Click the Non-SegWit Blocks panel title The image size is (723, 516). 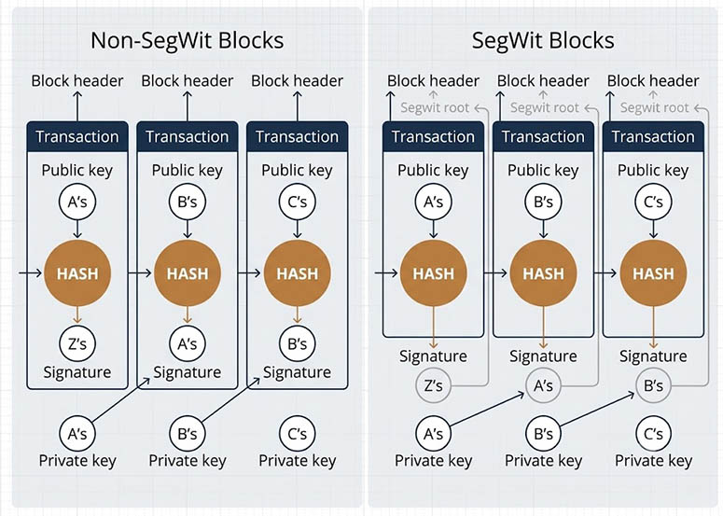pyautogui.click(x=187, y=40)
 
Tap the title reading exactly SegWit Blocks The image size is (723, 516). pyautogui.click(x=543, y=40)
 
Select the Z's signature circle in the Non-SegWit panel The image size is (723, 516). pyautogui.click(x=77, y=343)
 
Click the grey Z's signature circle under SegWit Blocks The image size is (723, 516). pyautogui.click(x=434, y=385)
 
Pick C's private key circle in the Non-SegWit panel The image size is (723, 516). pyautogui.click(x=298, y=434)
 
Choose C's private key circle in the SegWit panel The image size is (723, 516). pyautogui.click(x=653, y=434)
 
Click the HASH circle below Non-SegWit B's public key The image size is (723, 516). pyautogui.click(x=188, y=273)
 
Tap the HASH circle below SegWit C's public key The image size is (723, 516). pyautogui.click(x=653, y=273)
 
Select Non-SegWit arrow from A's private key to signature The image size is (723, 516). pyautogui.click(x=120, y=399)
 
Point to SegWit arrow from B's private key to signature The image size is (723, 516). pyautogui.click(x=597, y=409)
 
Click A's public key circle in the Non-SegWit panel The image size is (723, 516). pyautogui.click(x=77, y=202)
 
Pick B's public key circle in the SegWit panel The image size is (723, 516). pyautogui.click(x=543, y=202)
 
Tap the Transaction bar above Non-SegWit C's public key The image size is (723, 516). pyautogui.click(x=298, y=136)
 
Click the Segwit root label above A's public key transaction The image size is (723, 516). pyautogui.click(x=435, y=108)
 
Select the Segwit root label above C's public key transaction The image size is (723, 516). pyautogui.click(x=654, y=108)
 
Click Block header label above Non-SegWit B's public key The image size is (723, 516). pyautogui.click(x=188, y=81)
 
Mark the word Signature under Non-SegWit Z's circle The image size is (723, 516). pyautogui.click(x=77, y=372)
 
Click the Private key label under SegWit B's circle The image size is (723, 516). pyautogui.click(x=543, y=461)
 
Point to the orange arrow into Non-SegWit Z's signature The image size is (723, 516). pyautogui.click(x=77, y=315)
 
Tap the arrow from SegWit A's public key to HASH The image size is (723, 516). pyautogui.click(x=434, y=230)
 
